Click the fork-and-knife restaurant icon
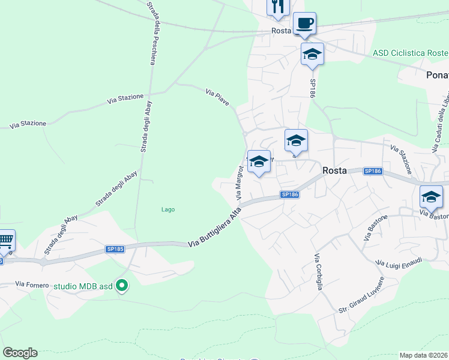pos(278,7)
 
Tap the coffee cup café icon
pos(304,23)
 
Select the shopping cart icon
pos(5,241)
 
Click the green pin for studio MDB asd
pos(122,286)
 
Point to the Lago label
pos(168,209)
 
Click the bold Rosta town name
pos(334,170)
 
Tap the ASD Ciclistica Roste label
pos(410,53)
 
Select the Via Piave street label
pos(217,97)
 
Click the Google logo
pos(20,353)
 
